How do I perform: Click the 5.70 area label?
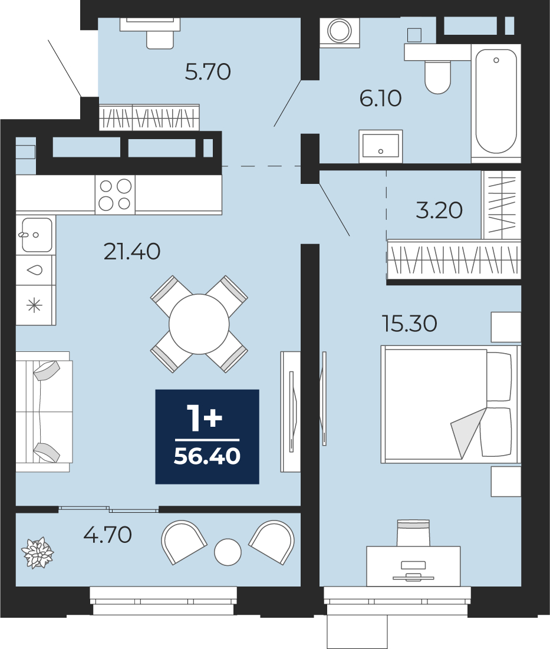pos(208,71)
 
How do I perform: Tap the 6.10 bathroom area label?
pos(380,98)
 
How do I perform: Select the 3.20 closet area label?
pos(439,210)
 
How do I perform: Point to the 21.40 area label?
pos(132,251)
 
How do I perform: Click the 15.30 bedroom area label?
pos(409,323)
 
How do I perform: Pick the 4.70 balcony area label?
pos(108,534)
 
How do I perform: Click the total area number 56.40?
pos(207,456)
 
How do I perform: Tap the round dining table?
pos(199,324)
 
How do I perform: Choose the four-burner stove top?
pos(115,195)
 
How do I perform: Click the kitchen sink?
pos(37,235)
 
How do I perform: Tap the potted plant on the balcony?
pos(38,553)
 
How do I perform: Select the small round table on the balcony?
pos(228,552)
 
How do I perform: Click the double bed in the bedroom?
pos(449,404)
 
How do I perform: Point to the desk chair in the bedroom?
pos(413,533)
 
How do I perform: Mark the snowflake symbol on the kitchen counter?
pos(34,306)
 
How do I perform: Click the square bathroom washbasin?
pos(381,146)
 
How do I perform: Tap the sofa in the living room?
pos(44,412)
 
